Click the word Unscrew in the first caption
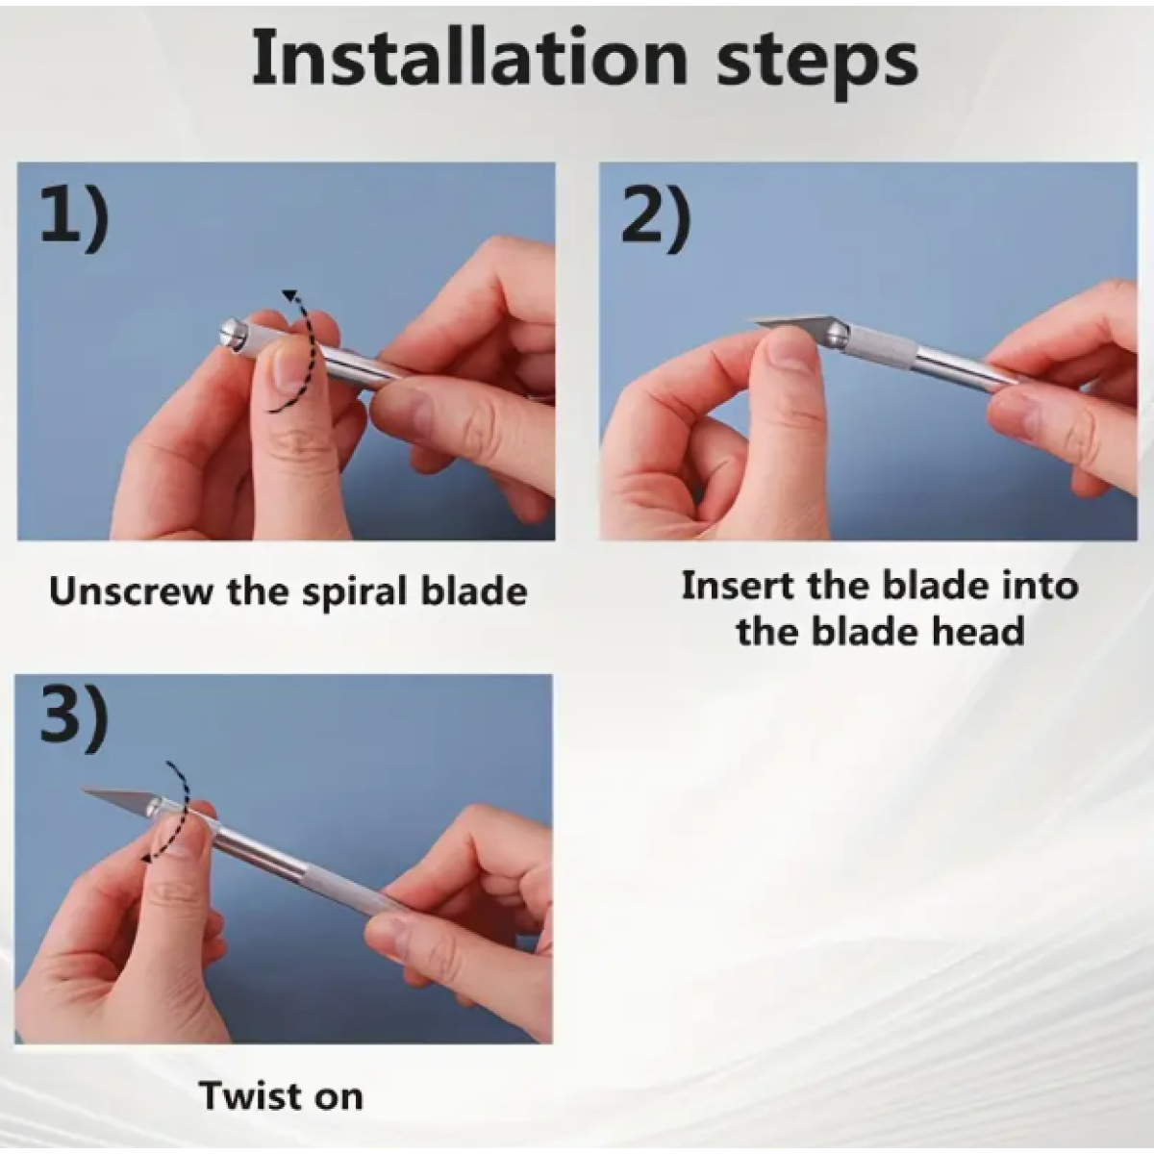coord(131,591)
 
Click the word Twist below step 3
coord(248,1096)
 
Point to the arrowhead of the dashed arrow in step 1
coord(290,296)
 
